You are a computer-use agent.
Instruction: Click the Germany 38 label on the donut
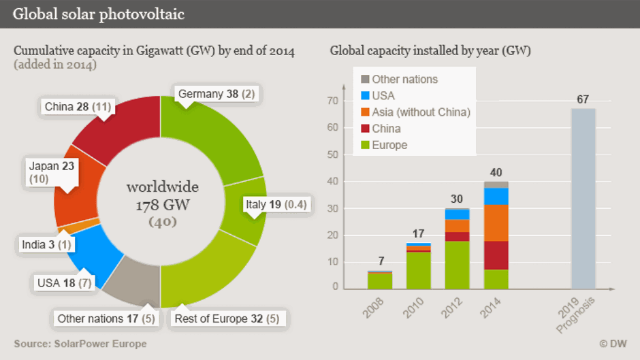tap(216, 94)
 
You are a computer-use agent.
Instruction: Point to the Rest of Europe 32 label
tap(227, 318)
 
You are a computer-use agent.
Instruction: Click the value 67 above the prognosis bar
tap(582, 100)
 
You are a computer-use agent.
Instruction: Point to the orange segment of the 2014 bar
tap(496, 223)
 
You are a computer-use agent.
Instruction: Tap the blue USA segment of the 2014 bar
tap(496, 196)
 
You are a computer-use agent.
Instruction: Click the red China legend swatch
tap(364, 129)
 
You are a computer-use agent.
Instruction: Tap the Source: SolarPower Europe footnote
tap(80, 344)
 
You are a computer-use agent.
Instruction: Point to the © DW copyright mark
tap(612, 344)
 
